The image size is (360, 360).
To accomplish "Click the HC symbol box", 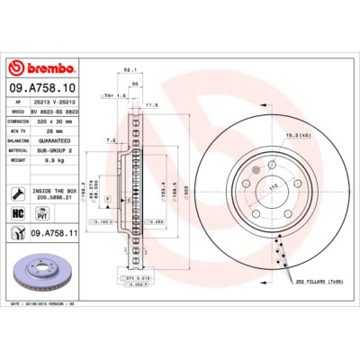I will [17, 213].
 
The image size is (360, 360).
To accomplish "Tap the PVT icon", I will [41, 213].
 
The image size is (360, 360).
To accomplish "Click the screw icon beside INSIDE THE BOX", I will [17, 193].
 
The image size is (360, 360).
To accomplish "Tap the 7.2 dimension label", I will [109, 140].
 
